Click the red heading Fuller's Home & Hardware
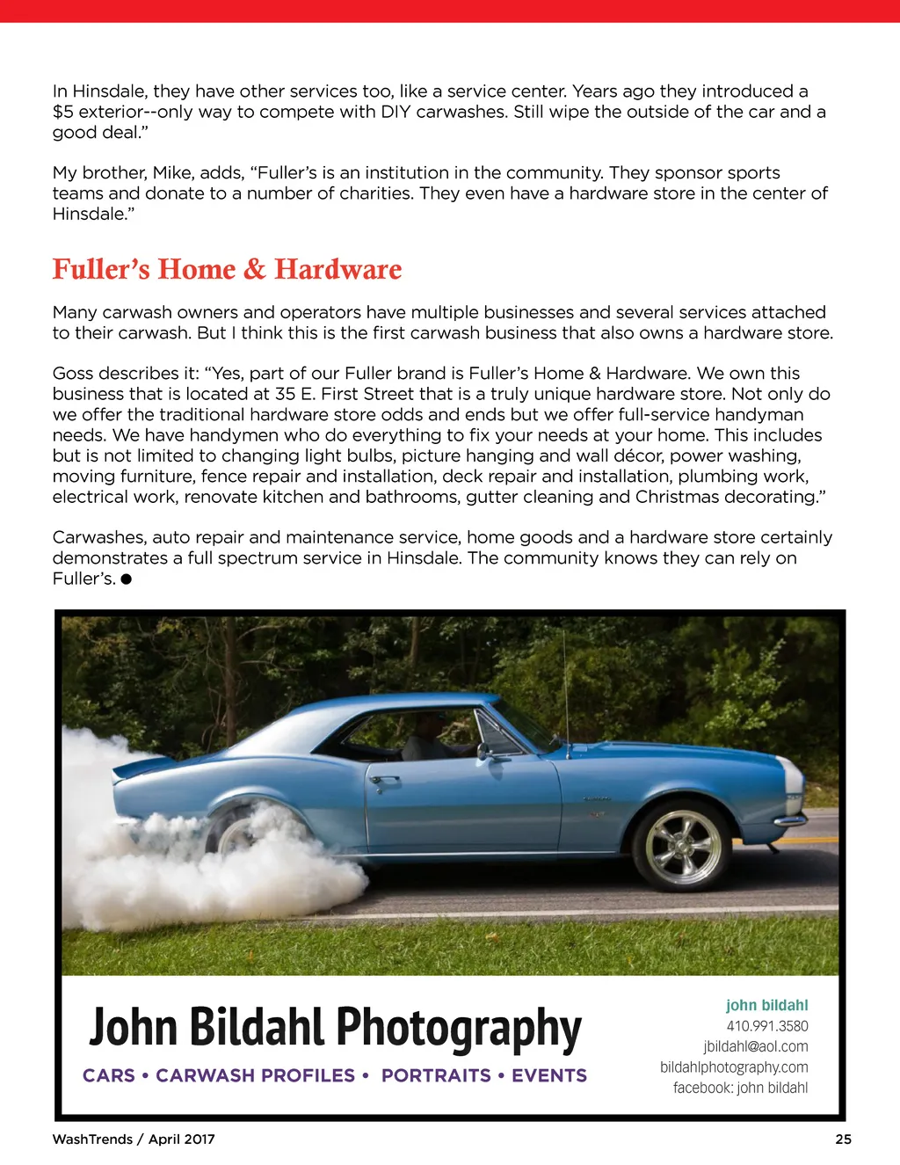click(227, 269)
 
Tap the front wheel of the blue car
click(683, 845)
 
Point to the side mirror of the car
click(483, 751)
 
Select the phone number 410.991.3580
click(766, 1026)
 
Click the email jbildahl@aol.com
click(755, 1046)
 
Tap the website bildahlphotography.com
click(734, 1067)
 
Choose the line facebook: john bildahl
click(740, 1088)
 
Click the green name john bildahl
click(766, 1005)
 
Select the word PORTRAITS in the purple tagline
click(436, 1075)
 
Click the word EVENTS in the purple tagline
click(549, 1075)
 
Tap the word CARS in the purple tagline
click(109, 1075)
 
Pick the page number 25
click(843, 1140)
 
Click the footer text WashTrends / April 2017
click(134, 1140)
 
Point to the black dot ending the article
click(127, 579)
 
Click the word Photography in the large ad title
click(458, 1029)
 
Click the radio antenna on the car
click(565, 703)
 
